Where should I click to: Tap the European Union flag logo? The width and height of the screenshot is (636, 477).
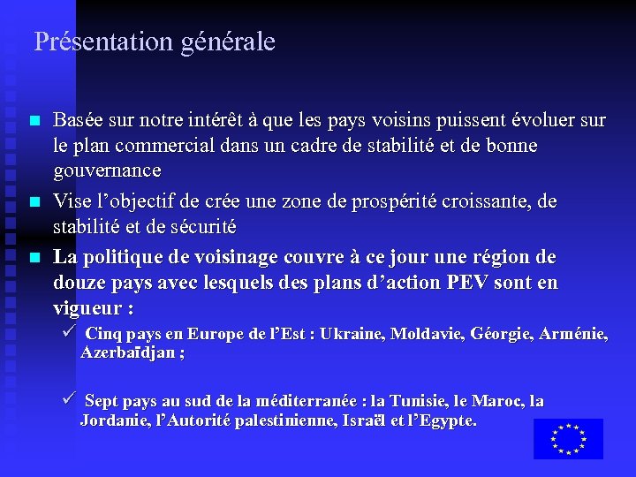[x=568, y=439]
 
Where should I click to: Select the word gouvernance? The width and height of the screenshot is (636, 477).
[x=107, y=170]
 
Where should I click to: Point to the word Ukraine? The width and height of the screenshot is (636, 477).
[x=351, y=334]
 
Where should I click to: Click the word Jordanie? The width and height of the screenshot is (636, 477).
[x=116, y=420]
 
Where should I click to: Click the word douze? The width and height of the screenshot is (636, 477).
[x=80, y=284]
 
